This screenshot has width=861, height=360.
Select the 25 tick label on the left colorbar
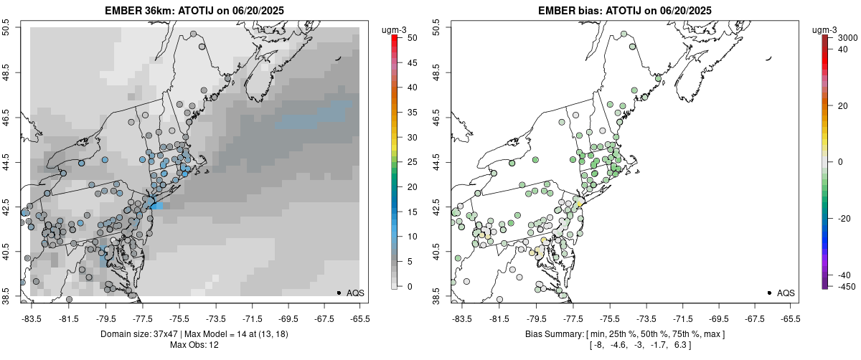[x=413, y=162]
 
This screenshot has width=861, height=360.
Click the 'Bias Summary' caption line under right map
[x=625, y=334]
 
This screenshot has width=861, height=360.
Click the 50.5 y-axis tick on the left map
[x=8, y=28]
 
